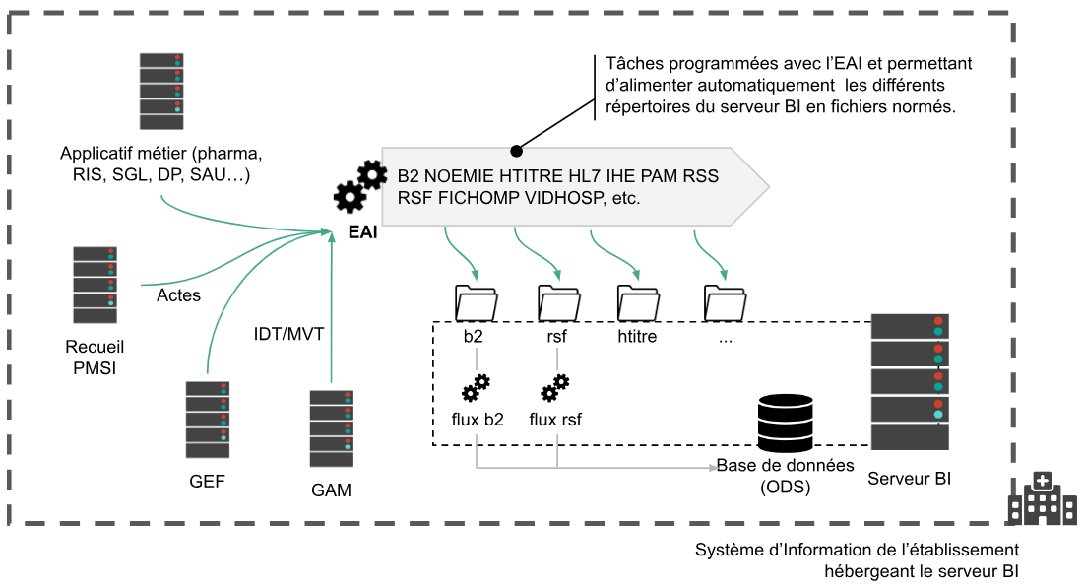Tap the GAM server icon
pos(332,428)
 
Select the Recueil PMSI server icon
pos(96,285)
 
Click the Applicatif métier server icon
pos(161,91)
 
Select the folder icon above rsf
pos(557,301)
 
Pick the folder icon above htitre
pos(637,301)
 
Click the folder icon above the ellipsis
pos(725,301)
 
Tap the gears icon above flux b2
pos(475,388)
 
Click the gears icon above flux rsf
pos(555,388)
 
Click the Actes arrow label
pos(178,295)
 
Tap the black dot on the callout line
pos(517,150)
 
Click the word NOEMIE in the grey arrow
pos(465,177)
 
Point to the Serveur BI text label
pos(910,480)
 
